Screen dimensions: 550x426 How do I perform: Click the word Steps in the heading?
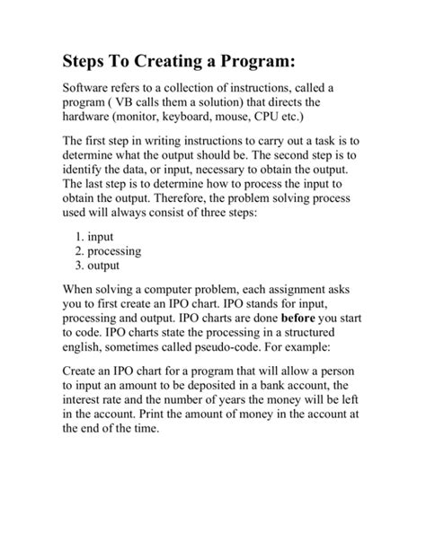pyautogui.click(x=88, y=62)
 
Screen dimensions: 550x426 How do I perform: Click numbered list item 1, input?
pyautogui.click(x=100, y=238)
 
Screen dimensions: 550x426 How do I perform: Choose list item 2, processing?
pyautogui.click(x=114, y=252)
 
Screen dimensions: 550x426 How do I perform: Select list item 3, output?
pyautogui.click(x=104, y=266)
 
